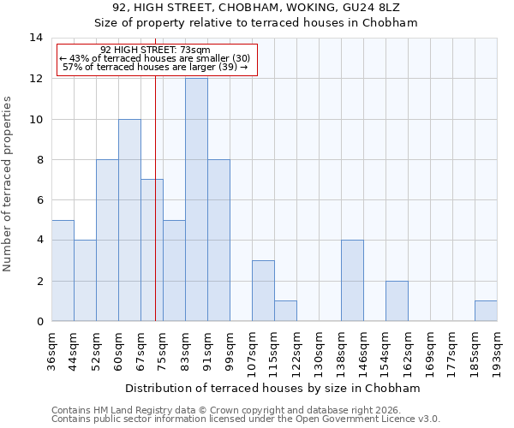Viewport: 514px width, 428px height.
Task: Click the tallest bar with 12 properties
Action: point(196,199)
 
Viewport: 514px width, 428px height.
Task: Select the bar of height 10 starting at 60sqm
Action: point(129,220)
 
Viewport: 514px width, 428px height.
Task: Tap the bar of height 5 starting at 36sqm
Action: point(63,270)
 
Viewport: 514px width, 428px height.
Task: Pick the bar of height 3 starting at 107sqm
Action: point(263,291)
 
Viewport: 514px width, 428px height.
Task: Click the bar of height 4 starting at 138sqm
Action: point(352,281)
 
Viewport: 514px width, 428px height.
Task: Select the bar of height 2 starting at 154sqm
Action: point(397,301)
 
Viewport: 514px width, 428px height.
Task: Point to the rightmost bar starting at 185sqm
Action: point(486,312)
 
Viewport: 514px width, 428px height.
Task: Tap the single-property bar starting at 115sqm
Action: point(285,312)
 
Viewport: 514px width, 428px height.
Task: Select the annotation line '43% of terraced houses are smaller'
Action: point(155,58)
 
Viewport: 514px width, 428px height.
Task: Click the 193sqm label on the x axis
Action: point(498,349)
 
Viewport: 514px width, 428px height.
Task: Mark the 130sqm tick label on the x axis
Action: point(320,349)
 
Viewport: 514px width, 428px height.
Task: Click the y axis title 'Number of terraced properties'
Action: point(9,184)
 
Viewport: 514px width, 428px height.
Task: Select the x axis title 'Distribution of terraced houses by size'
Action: point(272,388)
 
